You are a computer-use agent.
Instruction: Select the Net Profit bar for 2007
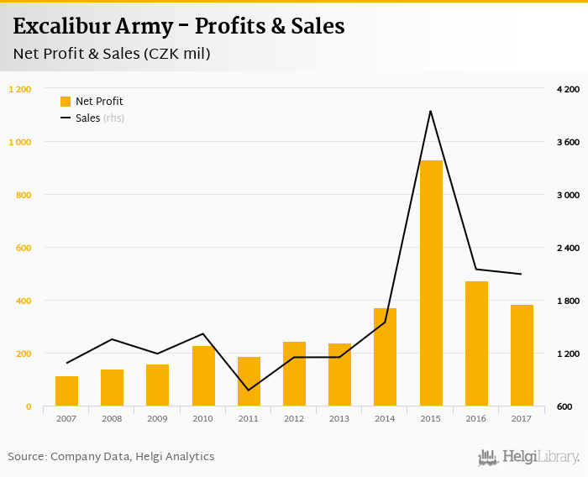[67, 391]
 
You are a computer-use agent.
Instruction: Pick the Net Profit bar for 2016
[476, 343]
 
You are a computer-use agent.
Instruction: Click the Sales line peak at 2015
[431, 111]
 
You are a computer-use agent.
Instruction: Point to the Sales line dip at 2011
[249, 391]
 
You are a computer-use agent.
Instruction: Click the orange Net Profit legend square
[66, 102]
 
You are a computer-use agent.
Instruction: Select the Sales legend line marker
[66, 118]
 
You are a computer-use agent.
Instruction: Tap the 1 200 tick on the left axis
[20, 89]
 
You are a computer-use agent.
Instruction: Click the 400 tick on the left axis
[24, 301]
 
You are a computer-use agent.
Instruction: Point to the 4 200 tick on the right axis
[569, 89]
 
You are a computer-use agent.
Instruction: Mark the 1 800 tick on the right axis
[569, 301]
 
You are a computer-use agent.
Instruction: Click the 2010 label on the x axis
[203, 418]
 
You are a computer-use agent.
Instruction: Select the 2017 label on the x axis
[522, 418]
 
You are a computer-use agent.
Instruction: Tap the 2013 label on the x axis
[339, 418]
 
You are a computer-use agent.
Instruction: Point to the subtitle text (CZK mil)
[176, 55]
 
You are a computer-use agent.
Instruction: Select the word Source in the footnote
[26, 457]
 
